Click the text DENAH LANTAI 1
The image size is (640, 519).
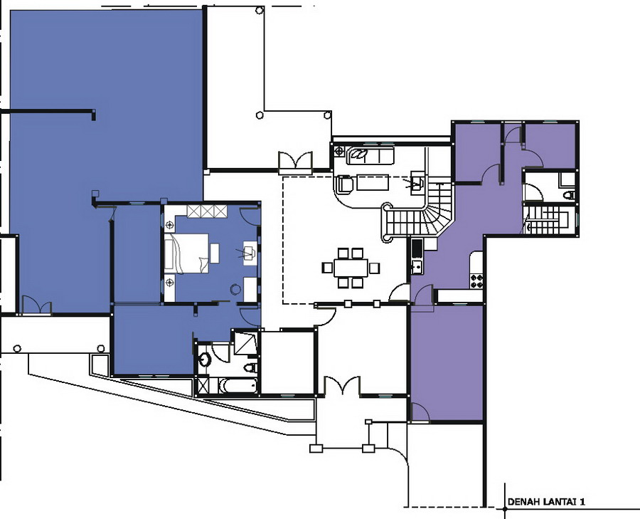pos(545,502)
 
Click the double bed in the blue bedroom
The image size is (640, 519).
pos(186,253)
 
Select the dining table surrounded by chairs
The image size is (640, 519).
pos(351,268)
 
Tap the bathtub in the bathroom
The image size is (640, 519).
pos(238,385)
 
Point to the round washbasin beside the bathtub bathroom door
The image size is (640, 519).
pos(204,360)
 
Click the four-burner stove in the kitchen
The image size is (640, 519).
pos(476,281)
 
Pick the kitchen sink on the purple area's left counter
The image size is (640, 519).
pos(417,268)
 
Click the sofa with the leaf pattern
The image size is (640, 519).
pos(370,155)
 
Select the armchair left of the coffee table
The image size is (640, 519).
pos(345,184)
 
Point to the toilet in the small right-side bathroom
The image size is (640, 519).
pos(570,195)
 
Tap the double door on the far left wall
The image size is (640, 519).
pos(36,305)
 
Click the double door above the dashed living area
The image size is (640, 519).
pos(295,161)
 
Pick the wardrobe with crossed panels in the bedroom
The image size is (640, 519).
pos(206,211)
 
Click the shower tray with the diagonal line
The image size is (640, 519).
pos(245,343)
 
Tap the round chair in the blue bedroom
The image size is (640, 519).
pos(235,289)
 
